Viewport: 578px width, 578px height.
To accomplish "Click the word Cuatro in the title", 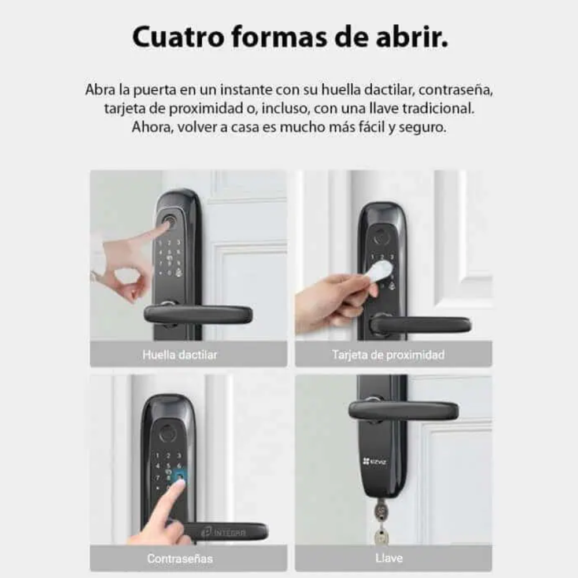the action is coord(178,37).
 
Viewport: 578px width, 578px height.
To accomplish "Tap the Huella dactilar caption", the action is coord(180,355).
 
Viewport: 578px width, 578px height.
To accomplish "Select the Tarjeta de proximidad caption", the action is coord(388,355).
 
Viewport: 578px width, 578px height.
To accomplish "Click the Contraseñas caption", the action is coord(180,558).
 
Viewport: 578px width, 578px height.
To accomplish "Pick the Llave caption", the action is coord(389,558).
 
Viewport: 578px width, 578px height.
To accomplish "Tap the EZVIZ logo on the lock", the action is coord(374,461).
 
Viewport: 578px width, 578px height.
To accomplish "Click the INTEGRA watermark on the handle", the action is coord(224,532).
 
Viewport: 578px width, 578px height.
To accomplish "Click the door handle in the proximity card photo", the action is coord(421,325).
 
